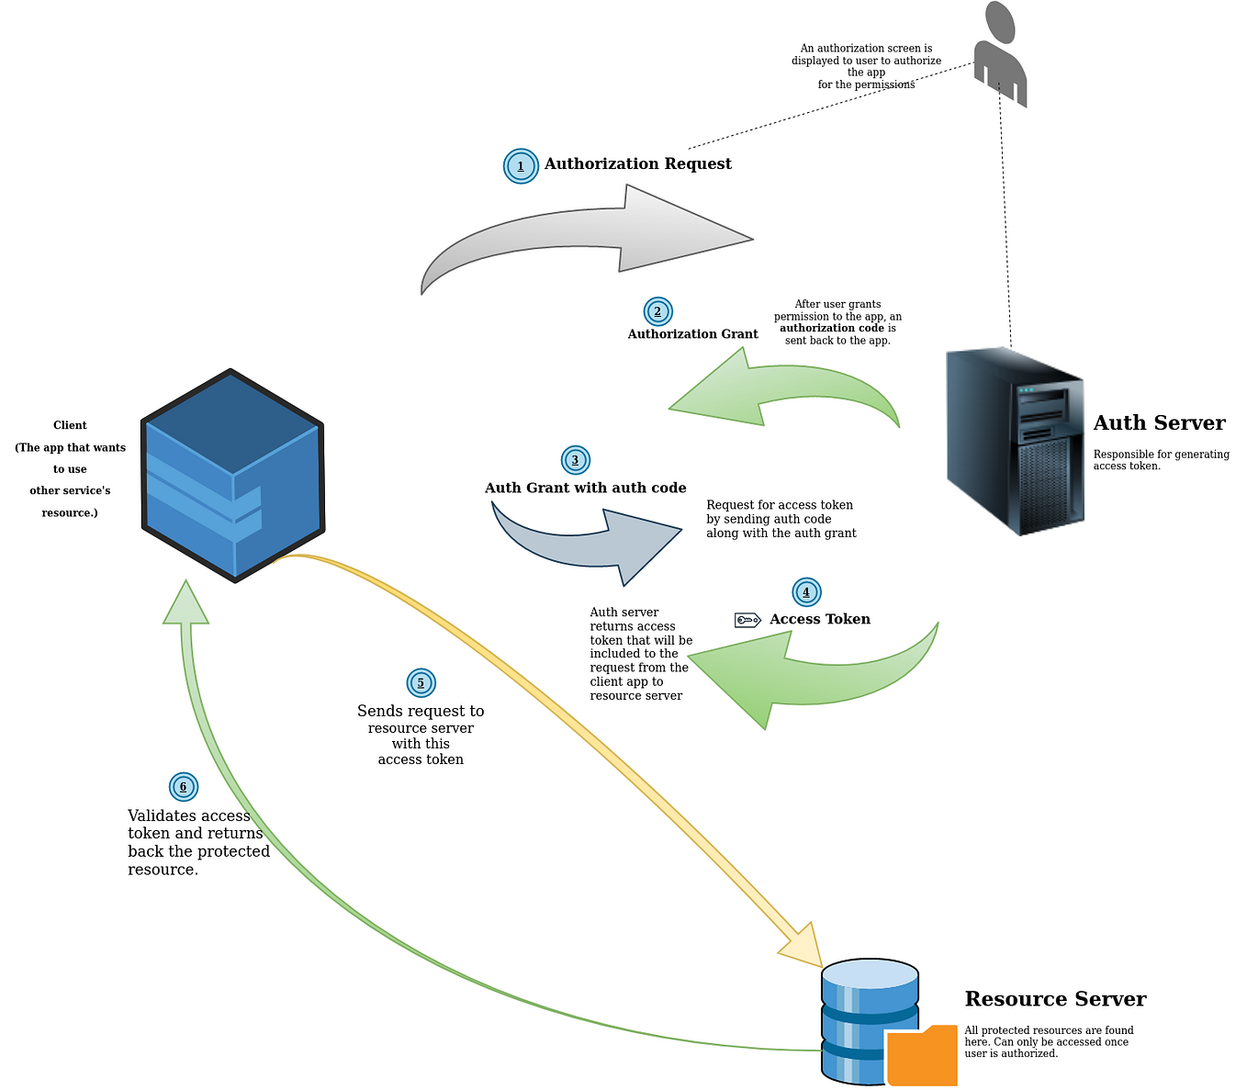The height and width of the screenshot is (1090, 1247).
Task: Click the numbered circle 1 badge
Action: (x=521, y=166)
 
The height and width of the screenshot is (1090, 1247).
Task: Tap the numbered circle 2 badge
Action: (x=657, y=311)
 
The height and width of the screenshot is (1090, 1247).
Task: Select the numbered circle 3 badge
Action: (x=575, y=460)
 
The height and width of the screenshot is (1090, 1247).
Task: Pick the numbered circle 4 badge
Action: (x=806, y=592)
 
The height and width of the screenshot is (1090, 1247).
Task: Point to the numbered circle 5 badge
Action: (x=421, y=682)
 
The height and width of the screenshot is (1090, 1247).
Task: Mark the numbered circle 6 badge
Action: (x=184, y=787)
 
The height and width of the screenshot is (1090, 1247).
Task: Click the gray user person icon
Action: (x=1000, y=55)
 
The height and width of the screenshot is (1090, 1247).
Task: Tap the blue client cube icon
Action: (x=232, y=476)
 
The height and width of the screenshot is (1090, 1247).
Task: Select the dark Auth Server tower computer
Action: (x=1015, y=441)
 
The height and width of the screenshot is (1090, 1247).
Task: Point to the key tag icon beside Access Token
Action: (x=747, y=620)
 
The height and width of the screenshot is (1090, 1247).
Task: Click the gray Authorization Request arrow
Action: (x=588, y=234)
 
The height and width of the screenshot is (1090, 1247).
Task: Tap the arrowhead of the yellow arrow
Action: (x=802, y=946)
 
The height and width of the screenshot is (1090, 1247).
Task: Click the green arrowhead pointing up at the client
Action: (x=186, y=604)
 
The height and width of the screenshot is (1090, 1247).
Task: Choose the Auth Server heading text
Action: (x=1159, y=423)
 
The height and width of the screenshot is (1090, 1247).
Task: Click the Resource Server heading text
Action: (x=1055, y=999)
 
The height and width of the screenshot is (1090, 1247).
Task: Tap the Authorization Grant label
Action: (x=692, y=334)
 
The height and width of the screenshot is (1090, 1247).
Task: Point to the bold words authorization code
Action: (x=831, y=328)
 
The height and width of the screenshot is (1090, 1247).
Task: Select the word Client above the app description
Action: (x=70, y=425)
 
